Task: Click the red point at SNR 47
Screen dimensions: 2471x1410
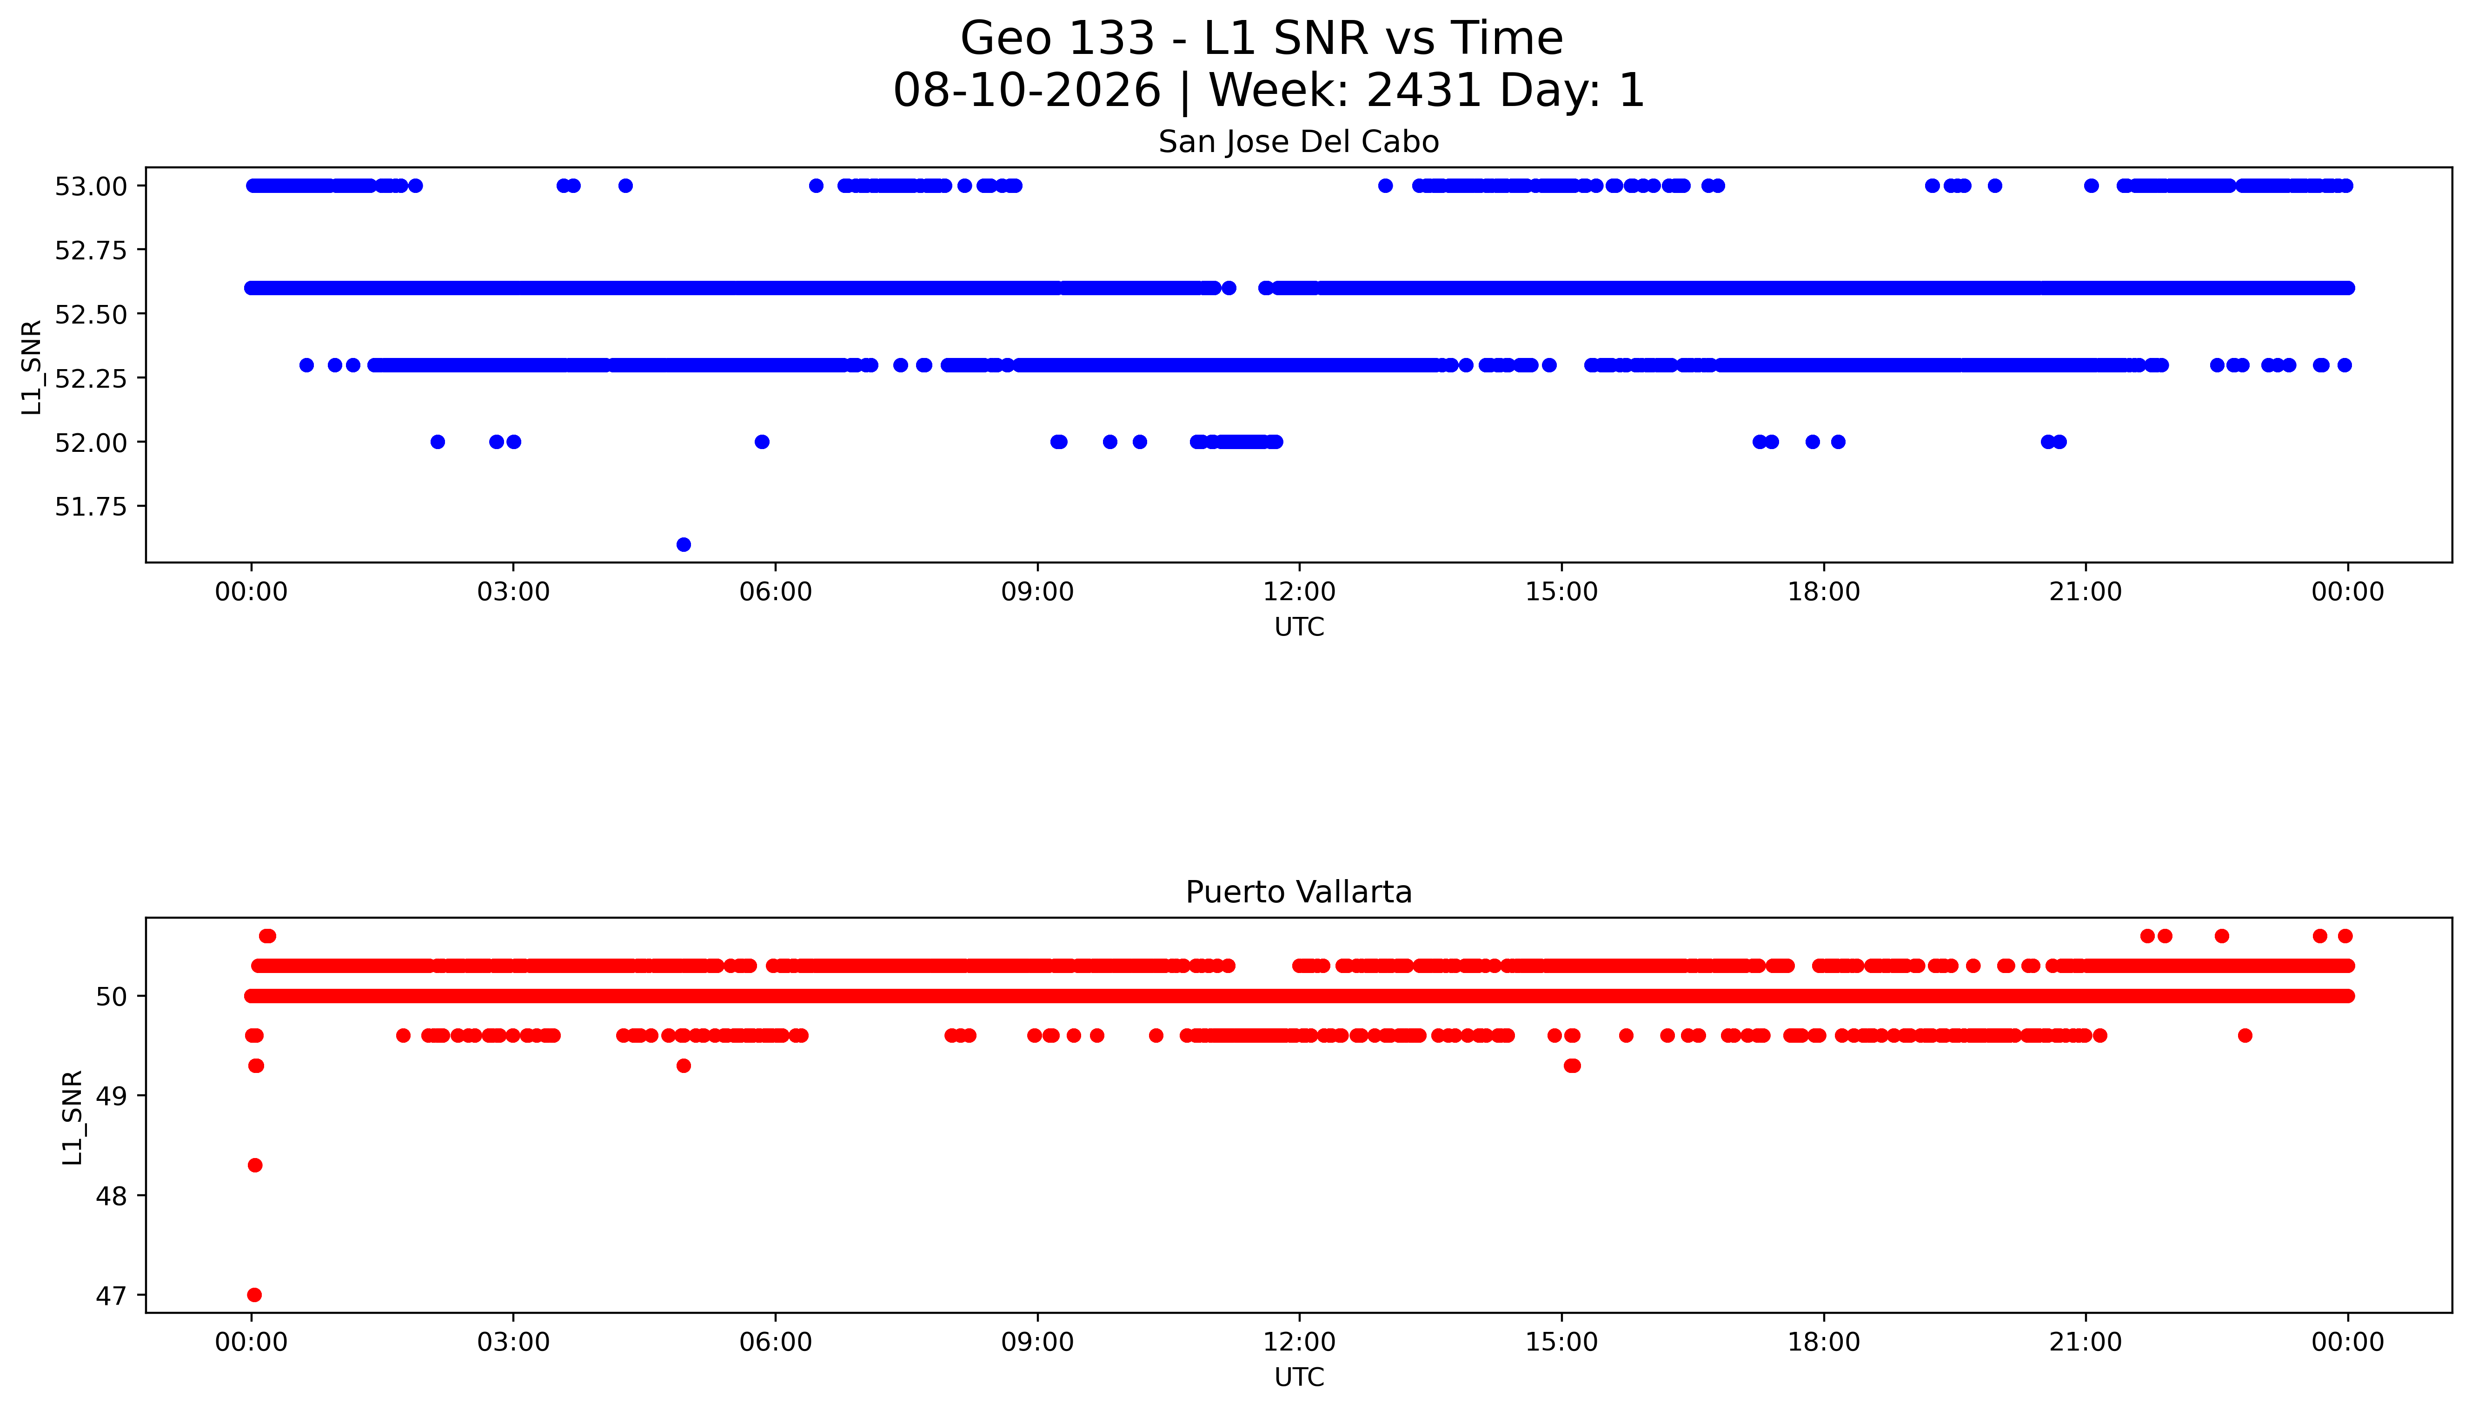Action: coord(255,1295)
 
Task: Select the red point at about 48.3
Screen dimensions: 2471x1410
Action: coord(255,1165)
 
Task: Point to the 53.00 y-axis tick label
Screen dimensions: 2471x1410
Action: coord(91,186)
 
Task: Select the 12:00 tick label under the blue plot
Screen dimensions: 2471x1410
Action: coord(1299,592)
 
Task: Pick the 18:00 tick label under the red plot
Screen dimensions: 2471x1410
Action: coord(1823,1342)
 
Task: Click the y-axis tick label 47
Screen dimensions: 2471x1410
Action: coord(112,1296)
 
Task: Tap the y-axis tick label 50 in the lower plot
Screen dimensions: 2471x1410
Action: coord(112,997)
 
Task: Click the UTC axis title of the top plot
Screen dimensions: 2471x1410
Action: coord(1299,628)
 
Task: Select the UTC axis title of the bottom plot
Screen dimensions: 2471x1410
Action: coord(1299,1377)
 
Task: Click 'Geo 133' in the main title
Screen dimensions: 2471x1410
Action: coord(1058,39)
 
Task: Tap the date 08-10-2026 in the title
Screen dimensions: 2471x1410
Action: coord(1027,90)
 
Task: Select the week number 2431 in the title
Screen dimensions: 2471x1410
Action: coord(1424,90)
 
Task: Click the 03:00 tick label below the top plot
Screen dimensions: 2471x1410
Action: coord(513,592)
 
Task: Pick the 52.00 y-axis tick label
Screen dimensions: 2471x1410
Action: coord(91,443)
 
